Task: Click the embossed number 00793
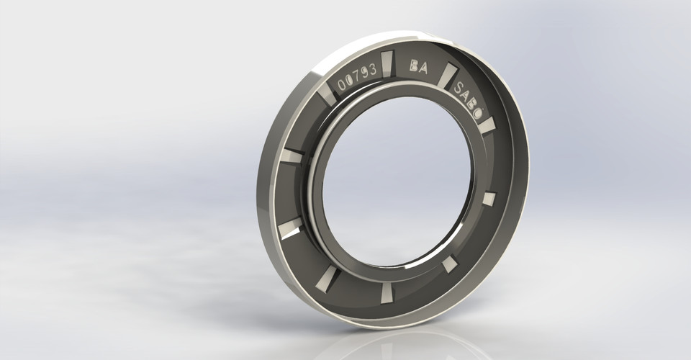click(358, 78)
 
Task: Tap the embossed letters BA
click(418, 66)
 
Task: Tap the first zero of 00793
click(342, 85)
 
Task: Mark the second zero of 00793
click(350, 81)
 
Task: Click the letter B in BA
click(414, 66)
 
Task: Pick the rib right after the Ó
click(489, 125)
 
